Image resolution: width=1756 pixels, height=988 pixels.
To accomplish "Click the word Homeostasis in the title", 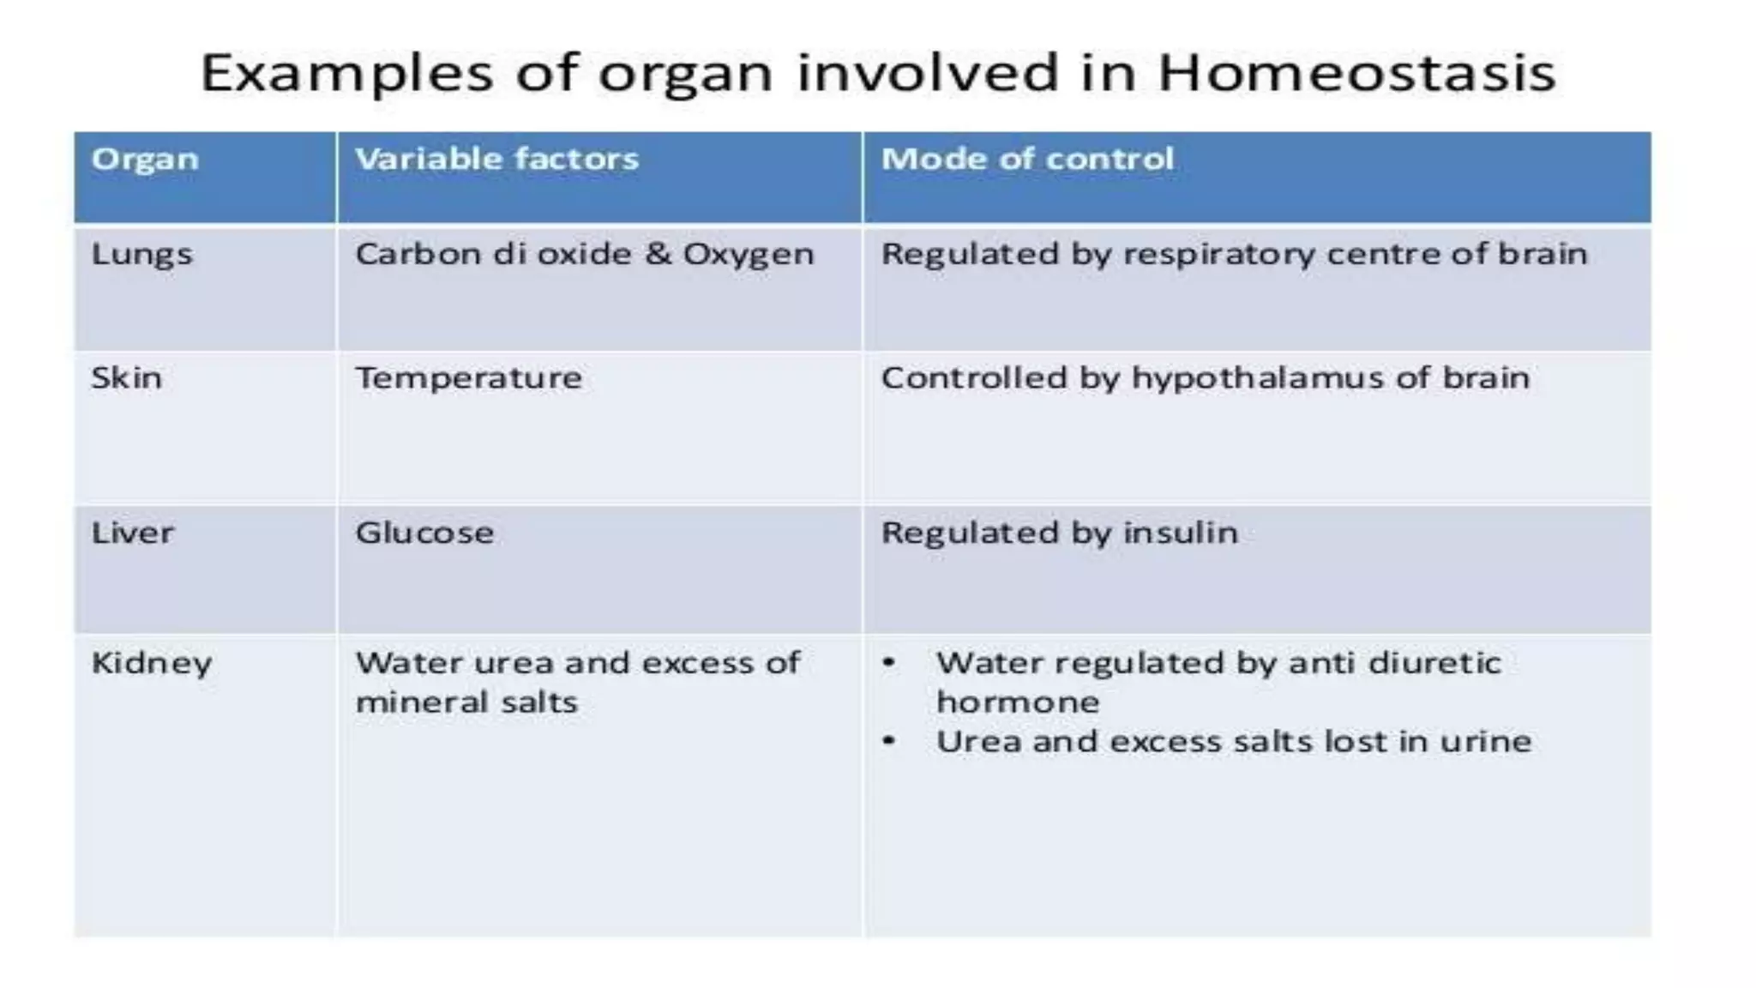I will (1356, 73).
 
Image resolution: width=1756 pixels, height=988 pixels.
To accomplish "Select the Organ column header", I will (145, 160).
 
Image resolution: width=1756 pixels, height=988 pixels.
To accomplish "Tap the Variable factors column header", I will (496, 160).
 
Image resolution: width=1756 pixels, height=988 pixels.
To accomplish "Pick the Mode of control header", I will (1026, 160).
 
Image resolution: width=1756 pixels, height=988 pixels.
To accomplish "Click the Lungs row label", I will (141, 256).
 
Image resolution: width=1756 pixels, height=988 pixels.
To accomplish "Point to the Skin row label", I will (126, 378).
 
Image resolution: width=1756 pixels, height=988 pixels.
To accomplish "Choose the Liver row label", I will (132, 533).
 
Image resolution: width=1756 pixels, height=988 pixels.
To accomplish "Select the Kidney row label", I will (151, 664).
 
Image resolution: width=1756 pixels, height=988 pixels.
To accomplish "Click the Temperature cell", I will (468, 378).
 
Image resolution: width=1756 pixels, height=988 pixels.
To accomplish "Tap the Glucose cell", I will (424, 533).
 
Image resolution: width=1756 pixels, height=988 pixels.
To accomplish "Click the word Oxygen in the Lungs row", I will (748, 256).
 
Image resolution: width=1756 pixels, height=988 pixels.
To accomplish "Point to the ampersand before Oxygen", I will (658, 254).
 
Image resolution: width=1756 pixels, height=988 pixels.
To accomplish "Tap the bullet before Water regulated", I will (889, 662).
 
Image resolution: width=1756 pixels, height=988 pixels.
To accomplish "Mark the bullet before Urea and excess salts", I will (889, 741).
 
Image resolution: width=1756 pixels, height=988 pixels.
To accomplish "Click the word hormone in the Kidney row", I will (1017, 702).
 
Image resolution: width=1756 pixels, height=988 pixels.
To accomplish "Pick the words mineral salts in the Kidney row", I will (466, 702).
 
